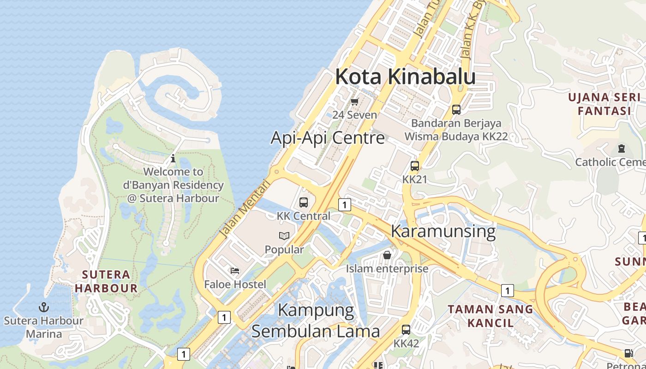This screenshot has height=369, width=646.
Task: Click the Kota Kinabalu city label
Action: pyautogui.click(x=405, y=77)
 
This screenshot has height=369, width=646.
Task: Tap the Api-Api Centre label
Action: pyautogui.click(x=328, y=137)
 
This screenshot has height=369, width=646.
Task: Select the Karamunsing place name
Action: pyautogui.click(x=443, y=231)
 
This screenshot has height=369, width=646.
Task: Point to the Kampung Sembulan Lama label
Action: pyautogui.click(x=316, y=321)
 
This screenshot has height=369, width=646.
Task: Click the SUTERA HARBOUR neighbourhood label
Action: pyautogui.click(x=106, y=281)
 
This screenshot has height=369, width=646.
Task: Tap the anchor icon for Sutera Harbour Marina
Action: pyautogui.click(x=44, y=307)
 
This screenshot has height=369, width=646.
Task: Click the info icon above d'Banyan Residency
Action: pyautogui.click(x=173, y=159)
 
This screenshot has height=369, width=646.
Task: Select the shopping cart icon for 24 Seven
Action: pyautogui.click(x=354, y=102)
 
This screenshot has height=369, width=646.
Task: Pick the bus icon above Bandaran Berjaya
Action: pyautogui.click(x=456, y=110)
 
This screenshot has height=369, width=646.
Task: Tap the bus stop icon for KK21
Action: pyautogui.click(x=414, y=166)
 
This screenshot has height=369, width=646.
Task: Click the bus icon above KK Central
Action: pyautogui.click(x=304, y=202)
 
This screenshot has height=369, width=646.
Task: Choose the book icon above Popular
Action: pyautogui.click(x=284, y=236)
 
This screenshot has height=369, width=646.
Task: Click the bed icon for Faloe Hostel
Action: pyautogui.click(x=235, y=270)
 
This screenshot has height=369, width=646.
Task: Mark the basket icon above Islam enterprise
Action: pyautogui.click(x=387, y=255)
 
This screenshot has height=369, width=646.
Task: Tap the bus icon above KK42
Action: pyautogui.click(x=406, y=330)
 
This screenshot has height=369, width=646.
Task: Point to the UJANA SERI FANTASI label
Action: pyautogui.click(x=604, y=104)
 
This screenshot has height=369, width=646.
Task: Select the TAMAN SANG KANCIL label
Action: pyautogui.click(x=490, y=315)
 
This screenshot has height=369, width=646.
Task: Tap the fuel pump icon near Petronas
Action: pyautogui.click(x=628, y=353)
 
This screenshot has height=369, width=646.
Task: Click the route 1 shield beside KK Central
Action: pyautogui.click(x=344, y=204)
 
